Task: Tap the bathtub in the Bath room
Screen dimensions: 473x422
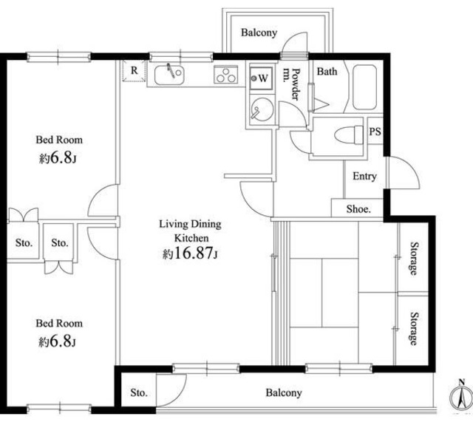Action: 364,87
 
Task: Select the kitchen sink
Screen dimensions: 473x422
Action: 169,75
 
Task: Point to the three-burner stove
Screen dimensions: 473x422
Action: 226,74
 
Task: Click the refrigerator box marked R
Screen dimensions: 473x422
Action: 134,71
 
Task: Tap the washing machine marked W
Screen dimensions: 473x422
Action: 261,78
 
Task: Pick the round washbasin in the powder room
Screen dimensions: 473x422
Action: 262,109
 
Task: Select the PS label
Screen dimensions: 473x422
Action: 375,132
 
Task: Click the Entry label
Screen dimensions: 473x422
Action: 364,177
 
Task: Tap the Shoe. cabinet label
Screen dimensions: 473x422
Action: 358,208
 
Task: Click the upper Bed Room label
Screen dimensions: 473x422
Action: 59,140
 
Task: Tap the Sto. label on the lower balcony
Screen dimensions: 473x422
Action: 139,392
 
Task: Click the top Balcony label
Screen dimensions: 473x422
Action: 259,33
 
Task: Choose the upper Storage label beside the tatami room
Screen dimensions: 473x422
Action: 415,259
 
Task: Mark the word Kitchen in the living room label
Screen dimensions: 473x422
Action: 191,238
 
